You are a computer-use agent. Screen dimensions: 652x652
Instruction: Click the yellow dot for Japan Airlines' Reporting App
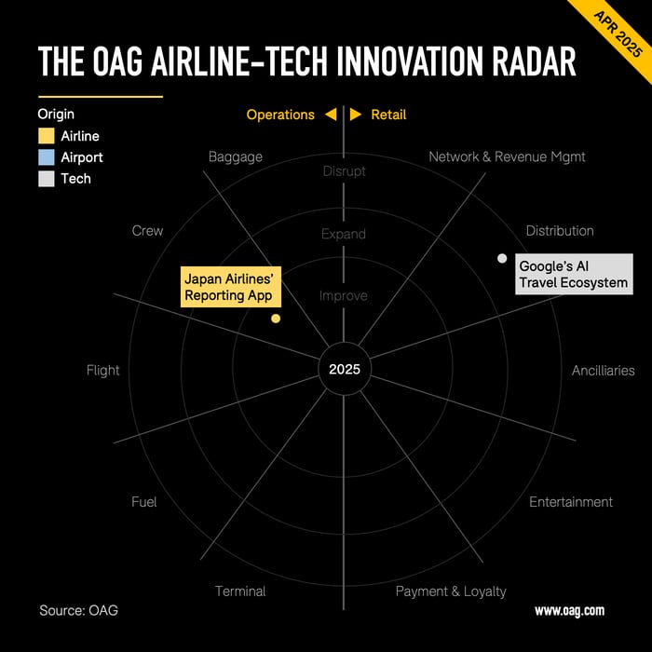(276, 319)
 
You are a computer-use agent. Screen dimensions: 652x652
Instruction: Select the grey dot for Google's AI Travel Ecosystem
(502, 258)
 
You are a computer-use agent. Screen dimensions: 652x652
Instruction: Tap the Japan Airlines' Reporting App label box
(231, 287)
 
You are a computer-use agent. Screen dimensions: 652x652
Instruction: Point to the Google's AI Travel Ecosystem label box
(575, 274)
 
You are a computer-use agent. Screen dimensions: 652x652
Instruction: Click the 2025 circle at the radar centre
(345, 369)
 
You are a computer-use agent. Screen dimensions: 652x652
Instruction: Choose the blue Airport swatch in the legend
(47, 157)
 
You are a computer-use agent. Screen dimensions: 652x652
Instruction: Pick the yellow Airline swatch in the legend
(47, 136)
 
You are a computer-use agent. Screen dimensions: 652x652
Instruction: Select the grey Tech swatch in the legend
(47, 179)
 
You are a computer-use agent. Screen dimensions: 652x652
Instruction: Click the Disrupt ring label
(345, 170)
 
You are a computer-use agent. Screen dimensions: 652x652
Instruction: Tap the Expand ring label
(344, 234)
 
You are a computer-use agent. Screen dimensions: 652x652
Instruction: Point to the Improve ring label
(344, 295)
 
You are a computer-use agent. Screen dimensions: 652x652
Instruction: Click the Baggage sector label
(236, 157)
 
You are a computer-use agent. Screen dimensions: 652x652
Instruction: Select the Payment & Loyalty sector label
(451, 591)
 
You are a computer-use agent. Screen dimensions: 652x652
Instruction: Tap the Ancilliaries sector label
(603, 371)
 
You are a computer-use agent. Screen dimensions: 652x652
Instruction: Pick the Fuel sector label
(143, 502)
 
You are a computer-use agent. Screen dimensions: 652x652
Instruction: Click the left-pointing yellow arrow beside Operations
(331, 115)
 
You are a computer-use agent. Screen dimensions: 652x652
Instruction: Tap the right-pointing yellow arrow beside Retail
(356, 115)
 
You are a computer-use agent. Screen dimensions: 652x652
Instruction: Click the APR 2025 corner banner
(617, 34)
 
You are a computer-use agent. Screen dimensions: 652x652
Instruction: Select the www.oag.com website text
(569, 611)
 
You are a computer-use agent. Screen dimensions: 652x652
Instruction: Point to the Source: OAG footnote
(78, 610)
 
